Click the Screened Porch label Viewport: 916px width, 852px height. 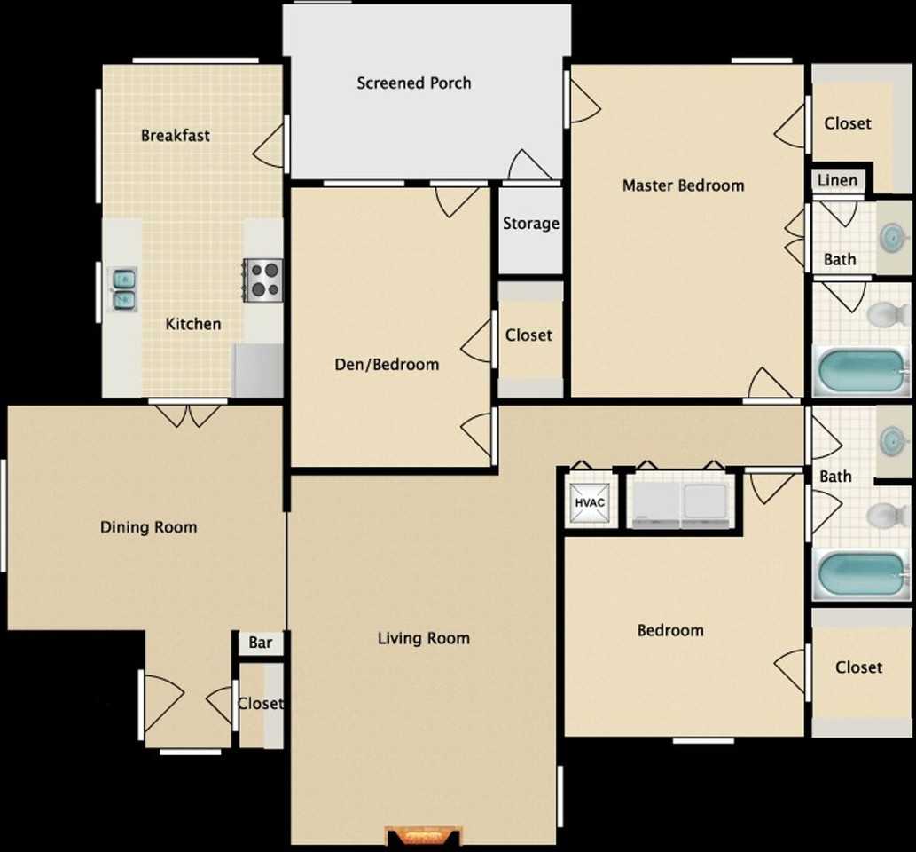click(413, 83)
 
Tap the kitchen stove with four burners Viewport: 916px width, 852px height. click(263, 280)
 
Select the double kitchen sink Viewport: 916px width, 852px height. click(122, 289)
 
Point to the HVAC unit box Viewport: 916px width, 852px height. click(590, 503)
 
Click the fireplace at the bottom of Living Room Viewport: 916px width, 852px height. click(425, 836)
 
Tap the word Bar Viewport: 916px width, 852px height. click(260, 643)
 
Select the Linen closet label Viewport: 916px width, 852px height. click(837, 181)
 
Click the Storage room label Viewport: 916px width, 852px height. click(530, 224)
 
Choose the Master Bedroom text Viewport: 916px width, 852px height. click(683, 185)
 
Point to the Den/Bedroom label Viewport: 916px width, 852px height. click(386, 364)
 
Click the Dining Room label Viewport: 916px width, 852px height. click(148, 527)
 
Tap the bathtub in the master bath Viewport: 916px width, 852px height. click(859, 373)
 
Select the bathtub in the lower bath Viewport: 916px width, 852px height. click(859, 575)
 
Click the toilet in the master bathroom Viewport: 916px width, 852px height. click(885, 314)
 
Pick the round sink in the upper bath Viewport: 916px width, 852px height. click(891, 237)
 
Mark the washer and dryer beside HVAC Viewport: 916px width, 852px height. click(680, 506)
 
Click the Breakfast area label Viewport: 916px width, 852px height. click(176, 136)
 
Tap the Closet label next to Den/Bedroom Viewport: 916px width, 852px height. click(528, 335)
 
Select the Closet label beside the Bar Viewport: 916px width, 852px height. click(260, 704)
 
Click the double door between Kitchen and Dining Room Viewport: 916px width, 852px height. click(187, 413)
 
